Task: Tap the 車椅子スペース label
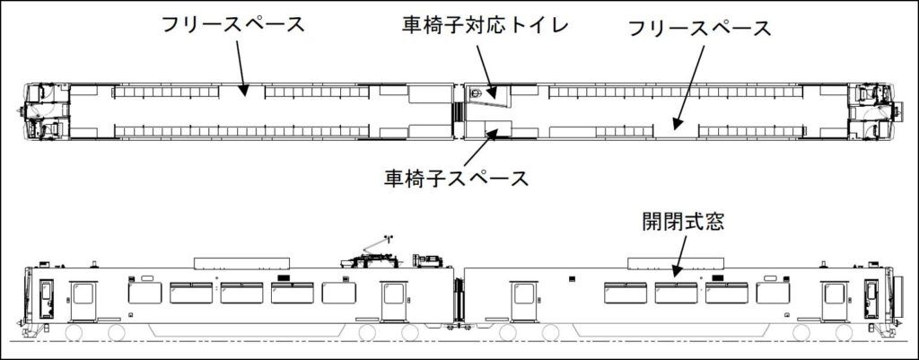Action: [455, 178]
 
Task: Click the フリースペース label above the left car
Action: [232, 24]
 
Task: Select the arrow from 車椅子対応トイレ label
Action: [482, 64]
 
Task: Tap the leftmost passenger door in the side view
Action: [83, 301]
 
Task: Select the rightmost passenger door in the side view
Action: [835, 302]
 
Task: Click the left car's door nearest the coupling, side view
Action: [393, 302]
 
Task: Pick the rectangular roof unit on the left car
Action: [242, 262]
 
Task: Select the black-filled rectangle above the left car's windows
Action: [284, 279]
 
